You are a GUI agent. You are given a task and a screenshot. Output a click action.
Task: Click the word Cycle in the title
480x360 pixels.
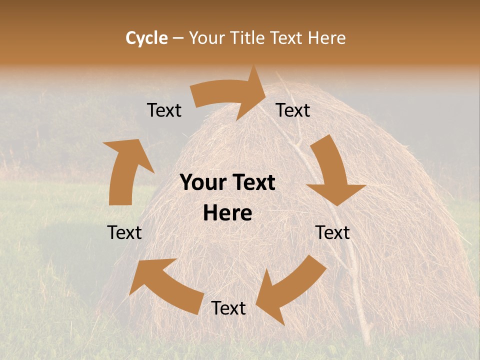click(x=146, y=38)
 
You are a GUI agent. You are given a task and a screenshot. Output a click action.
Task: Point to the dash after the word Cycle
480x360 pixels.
click(x=178, y=38)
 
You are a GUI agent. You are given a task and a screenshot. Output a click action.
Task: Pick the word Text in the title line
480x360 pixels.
click(x=287, y=38)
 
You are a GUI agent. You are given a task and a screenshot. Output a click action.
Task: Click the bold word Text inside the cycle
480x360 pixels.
click(x=252, y=183)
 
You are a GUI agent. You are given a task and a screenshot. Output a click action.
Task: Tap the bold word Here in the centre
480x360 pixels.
click(x=227, y=213)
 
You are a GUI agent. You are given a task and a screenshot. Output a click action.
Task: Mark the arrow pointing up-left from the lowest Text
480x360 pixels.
click(x=167, y=282)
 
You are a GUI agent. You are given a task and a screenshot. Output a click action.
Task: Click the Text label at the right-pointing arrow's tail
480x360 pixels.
click(x=164, y=110)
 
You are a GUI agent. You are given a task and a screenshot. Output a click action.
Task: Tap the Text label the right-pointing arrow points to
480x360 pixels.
click(x=293, y=110)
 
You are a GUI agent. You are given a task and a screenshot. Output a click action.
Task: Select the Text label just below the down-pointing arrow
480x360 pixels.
click(x=333, y=232)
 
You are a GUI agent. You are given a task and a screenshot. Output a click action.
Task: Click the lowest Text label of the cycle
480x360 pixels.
click(x=228, y=308)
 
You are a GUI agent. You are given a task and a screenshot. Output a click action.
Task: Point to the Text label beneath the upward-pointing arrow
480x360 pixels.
click(x=124, y=232)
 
